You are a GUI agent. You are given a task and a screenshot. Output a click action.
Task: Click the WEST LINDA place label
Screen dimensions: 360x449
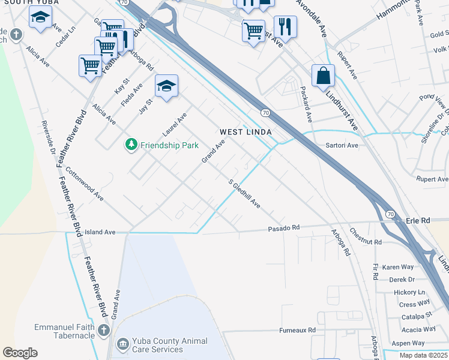[246, 132]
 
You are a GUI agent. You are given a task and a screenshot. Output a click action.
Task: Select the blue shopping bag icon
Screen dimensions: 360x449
[323, 76]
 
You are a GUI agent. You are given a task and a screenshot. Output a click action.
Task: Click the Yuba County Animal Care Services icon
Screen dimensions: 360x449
[122, 344]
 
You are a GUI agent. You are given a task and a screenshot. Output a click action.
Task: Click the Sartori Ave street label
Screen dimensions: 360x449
[342, 145]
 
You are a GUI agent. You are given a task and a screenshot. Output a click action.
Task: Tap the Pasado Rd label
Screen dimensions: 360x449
[283, 228]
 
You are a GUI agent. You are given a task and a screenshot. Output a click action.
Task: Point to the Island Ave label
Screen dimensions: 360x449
[100, 232]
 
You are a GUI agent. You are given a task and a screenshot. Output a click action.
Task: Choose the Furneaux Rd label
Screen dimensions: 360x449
[297, 331]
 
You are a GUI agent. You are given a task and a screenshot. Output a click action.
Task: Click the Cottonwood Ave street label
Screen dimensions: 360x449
[85, 184]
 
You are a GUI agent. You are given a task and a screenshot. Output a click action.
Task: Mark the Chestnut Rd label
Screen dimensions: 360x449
[366, 239]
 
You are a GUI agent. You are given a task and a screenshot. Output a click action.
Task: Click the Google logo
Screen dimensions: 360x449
[20, 353]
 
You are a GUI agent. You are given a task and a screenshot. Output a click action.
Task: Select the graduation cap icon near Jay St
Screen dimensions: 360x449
[166, 85]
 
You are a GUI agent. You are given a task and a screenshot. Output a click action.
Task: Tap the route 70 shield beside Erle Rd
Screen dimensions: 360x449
[390, 214]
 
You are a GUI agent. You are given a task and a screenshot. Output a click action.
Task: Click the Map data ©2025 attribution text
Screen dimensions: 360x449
[423, 355]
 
